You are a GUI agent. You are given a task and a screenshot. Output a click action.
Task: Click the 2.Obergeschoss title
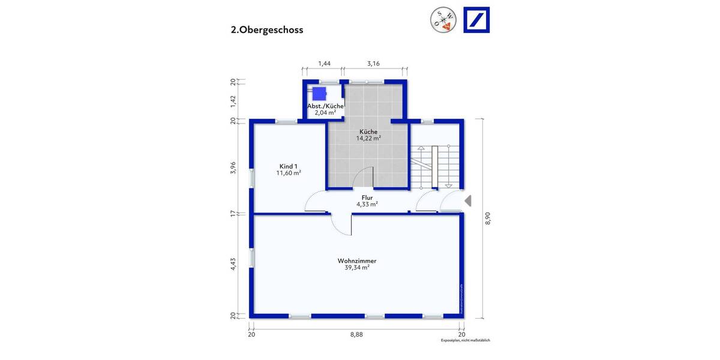pos(267,30)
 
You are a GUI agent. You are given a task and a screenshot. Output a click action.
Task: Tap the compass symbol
pos(443,20)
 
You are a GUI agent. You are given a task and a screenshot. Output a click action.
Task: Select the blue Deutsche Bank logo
pos(476,20)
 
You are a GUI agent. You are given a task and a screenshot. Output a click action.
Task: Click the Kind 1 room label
pos(289,166)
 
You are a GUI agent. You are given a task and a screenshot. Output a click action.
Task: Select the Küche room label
pos(368,131)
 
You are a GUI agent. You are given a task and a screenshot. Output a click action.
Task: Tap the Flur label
pos(367,197)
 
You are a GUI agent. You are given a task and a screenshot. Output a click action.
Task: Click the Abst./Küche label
pos(325,106)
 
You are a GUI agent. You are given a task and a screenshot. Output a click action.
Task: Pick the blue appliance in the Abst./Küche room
pos(319,93)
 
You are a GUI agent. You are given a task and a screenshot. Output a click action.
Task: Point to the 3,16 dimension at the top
pos(373,63)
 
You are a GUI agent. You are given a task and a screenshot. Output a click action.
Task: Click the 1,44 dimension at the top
pos(324,63)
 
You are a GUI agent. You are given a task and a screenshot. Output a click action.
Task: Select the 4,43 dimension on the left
pos(233,264)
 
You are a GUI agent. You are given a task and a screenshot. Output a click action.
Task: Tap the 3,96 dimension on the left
pos(233,168)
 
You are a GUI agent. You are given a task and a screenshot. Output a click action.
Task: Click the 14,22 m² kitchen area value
pos(368,138)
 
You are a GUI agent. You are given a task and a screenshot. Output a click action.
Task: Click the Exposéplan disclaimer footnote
pos(466,340)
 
